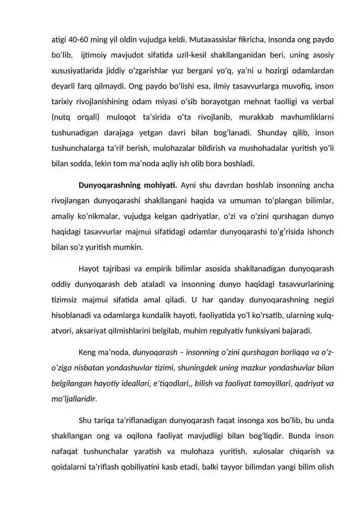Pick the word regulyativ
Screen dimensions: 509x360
[231, 331]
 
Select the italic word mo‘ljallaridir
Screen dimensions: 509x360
[74, 398]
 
